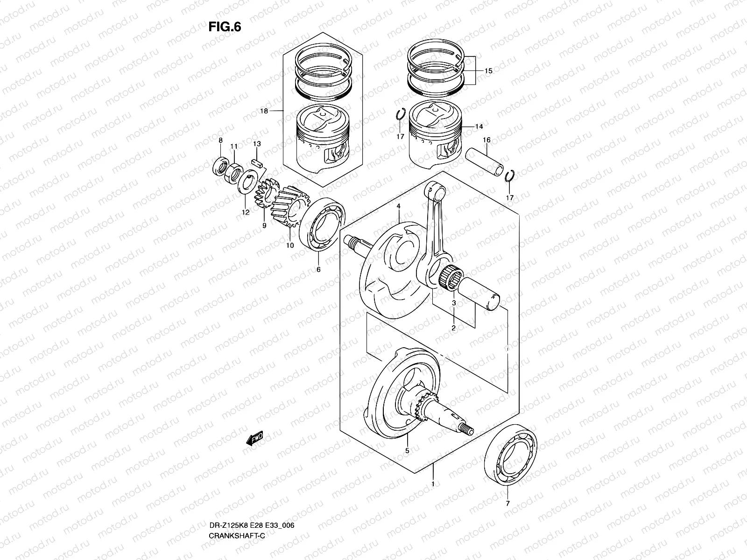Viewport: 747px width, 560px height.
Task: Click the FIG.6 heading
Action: click(x=225, y=27)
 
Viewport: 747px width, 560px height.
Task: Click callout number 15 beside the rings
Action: click(x=488, y=71)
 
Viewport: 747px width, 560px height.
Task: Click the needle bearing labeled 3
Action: click(x=451, y=278)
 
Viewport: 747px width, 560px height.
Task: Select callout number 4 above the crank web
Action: click(x=399, y=206)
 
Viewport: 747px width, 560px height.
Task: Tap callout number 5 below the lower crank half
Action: click(x=407, y=450)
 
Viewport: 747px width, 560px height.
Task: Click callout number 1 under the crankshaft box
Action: click(x=433, y=484)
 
